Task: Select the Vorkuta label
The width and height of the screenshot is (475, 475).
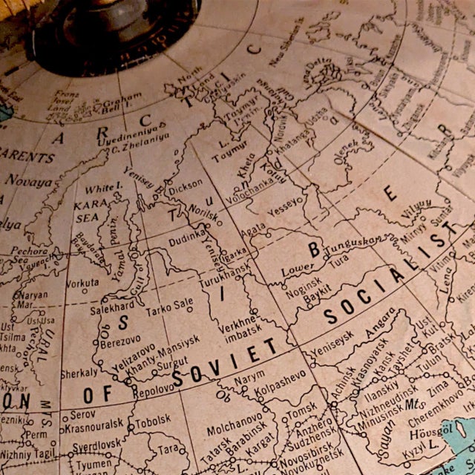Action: (x=82, y=283)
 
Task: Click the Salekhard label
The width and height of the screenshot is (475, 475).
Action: (x=112, y=307)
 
